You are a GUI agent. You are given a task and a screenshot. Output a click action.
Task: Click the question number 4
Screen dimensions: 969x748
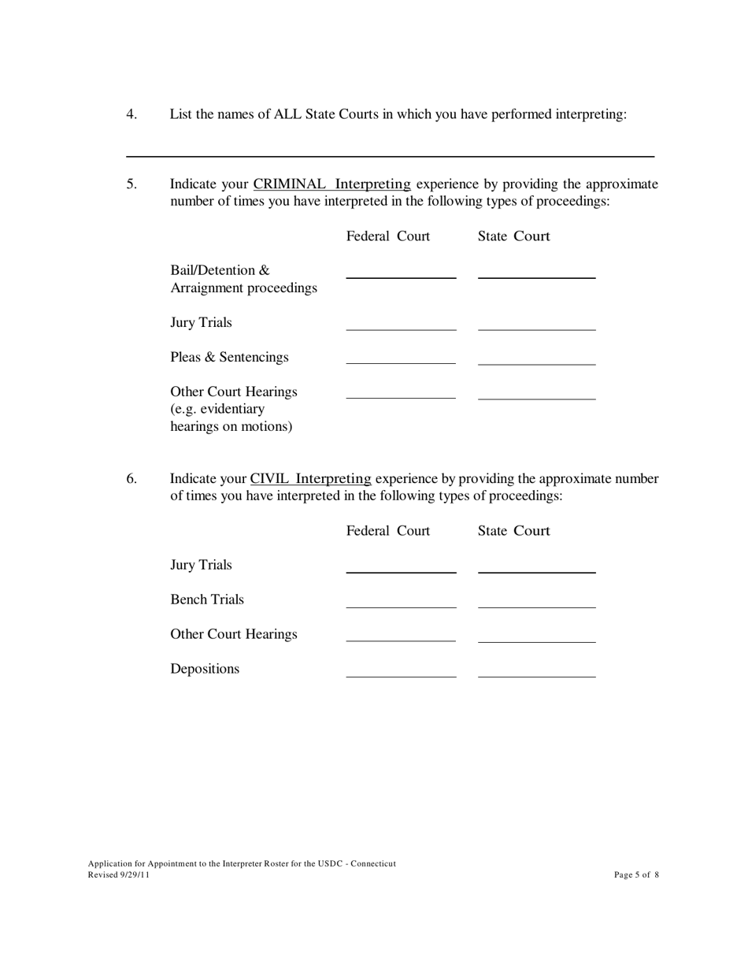tap(131, 114)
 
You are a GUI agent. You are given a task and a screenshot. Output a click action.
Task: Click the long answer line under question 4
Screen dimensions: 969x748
tap(390, 155)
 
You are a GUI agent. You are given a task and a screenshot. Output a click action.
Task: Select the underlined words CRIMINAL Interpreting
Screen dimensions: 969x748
tap(331, 184)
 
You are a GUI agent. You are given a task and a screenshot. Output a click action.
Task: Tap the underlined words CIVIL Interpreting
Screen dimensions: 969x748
tap(310, 479)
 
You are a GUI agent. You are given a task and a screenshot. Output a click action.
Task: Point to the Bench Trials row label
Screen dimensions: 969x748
tap(207, 600)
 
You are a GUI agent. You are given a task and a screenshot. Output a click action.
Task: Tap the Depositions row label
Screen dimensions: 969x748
tap(205, 669)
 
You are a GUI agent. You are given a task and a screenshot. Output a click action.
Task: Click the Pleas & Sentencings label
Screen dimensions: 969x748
tap(229, 358)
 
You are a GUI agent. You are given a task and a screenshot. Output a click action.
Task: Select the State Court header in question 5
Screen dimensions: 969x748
tap(513, 236)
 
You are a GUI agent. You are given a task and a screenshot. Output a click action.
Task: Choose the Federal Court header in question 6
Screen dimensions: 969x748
tap(388, 531)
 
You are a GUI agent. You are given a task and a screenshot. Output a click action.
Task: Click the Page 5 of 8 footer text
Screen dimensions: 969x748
tap(636, 874)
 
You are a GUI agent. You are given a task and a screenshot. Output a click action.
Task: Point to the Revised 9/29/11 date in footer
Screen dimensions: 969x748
tap(119, 874)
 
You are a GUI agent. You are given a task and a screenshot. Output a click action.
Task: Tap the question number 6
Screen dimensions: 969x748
tap(131, 479)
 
